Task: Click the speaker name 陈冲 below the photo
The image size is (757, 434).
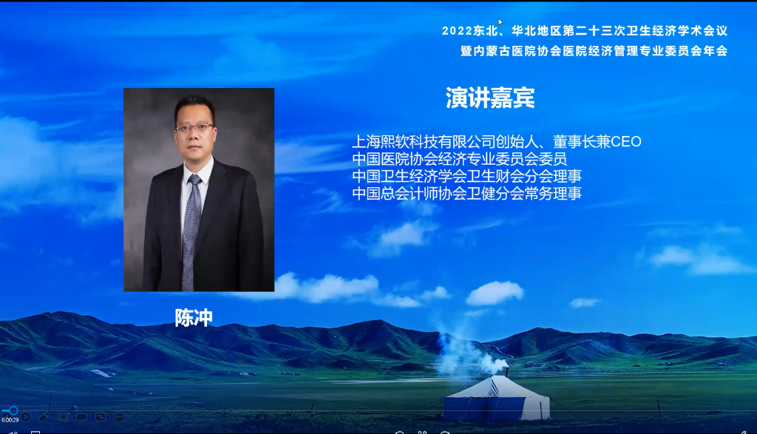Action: tap(194, 318)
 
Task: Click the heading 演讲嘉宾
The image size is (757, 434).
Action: tap(490, 98)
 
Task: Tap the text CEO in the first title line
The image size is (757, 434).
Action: tap(626, 141)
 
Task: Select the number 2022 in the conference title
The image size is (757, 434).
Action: tap(457, 31)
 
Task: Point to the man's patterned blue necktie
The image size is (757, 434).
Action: tap(191, 231)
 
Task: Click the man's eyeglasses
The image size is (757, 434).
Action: tap(194, 128)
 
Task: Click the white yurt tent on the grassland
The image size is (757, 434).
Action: tap(497, 399)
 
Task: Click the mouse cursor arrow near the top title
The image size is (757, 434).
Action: tap(500, 22)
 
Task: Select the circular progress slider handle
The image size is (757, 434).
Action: tap(13, 411)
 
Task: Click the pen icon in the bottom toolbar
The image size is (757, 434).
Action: tap(44, 417)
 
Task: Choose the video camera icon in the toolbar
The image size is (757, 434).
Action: tap(81, 417)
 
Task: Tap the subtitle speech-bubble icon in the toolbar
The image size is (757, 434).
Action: tap(101, 417)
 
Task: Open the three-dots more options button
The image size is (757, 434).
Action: tap(119, 417)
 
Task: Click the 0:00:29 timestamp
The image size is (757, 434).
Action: tap(10, 420)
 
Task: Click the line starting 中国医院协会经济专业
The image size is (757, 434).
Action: tap(460, 159)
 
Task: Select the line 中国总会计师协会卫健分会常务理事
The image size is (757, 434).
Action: tap(467, 194)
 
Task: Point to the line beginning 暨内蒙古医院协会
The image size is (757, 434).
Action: tap(594, 51)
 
